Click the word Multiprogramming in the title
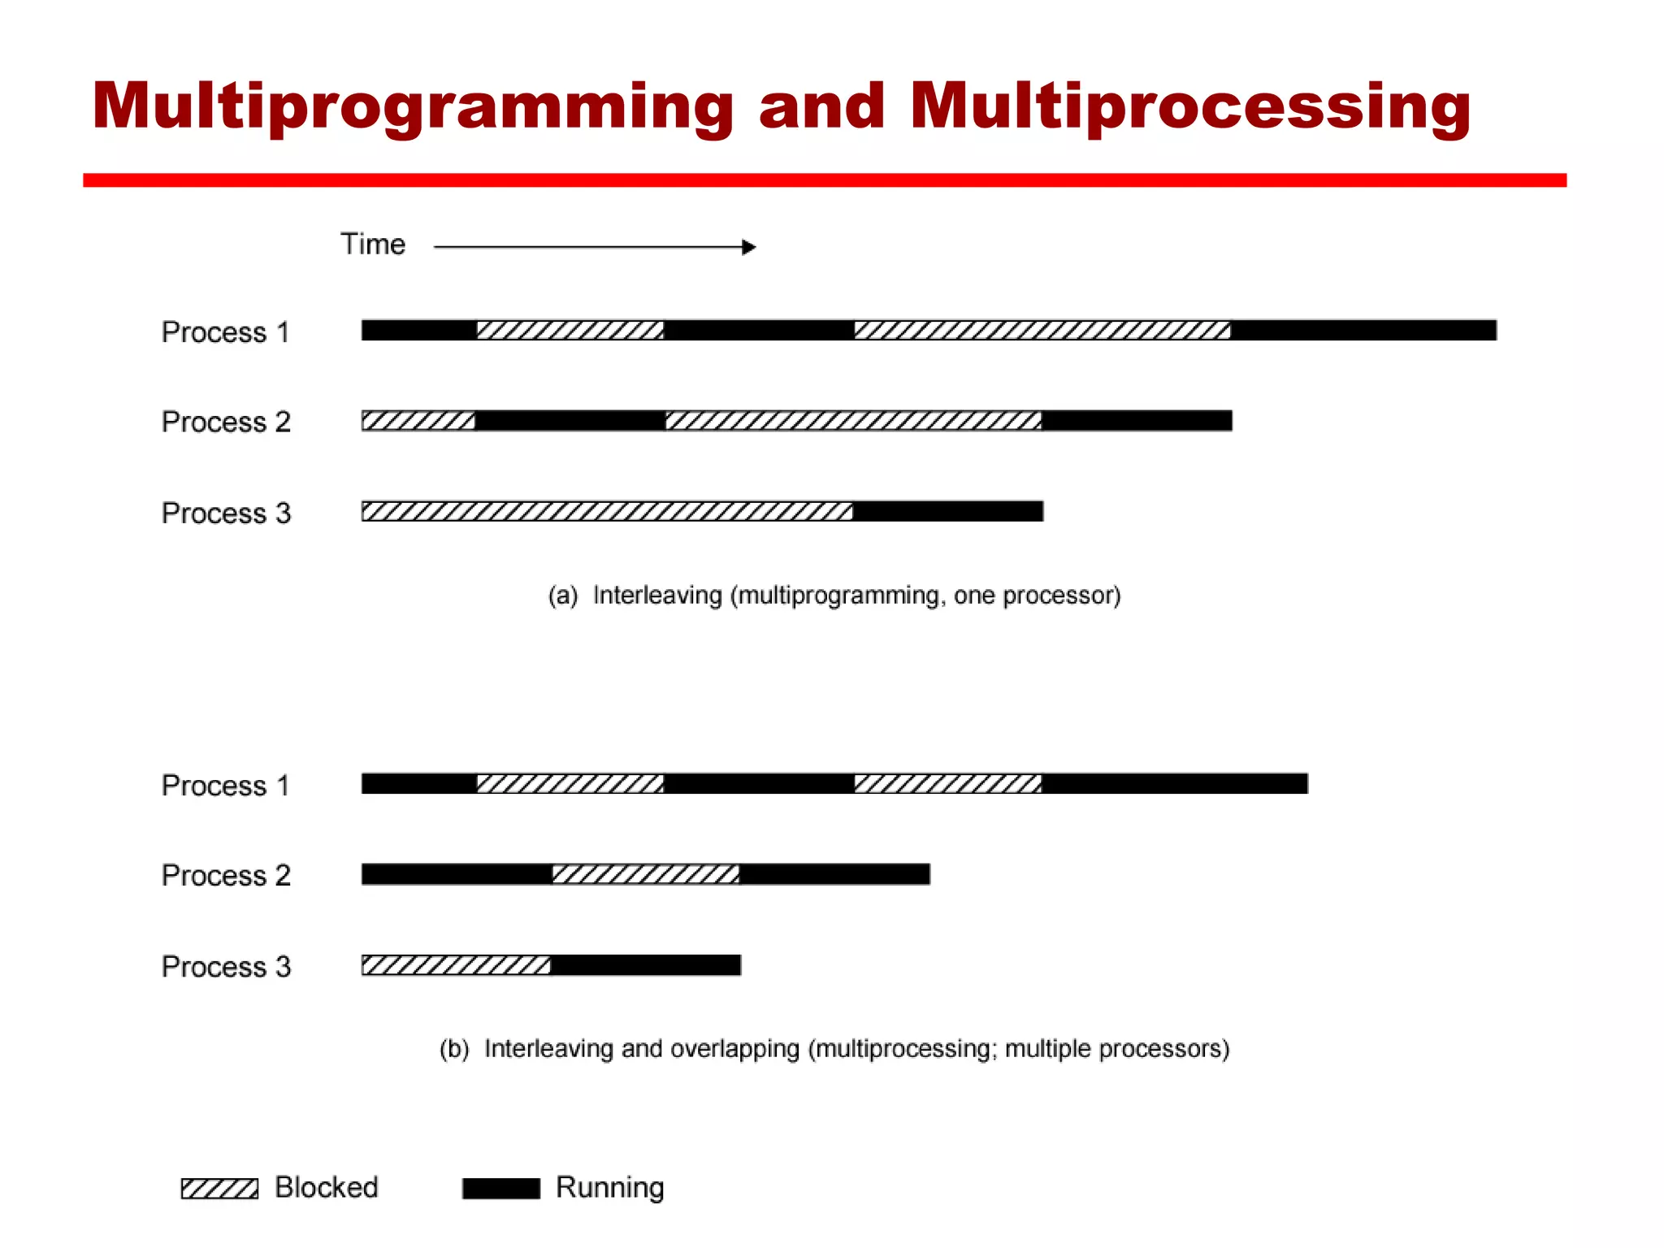(x=413, y=106)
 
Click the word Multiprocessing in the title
(x=1190, y=106)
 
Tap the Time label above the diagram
(x=373, y=245)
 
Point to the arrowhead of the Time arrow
(x=749, y=247)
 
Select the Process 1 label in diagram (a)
(x=226, y=332)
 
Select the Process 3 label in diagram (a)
(x=226, y=513)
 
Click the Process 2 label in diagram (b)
(x=226, y=875)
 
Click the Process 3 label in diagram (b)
(x=226, y=967)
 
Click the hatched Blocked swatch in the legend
(x=219, y=1189)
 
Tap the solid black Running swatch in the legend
(x=500, y=1189)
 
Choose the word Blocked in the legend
(x=327, y=1188)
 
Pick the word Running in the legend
(x=609, y=1188)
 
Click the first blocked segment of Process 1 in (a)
(x=570, y=330)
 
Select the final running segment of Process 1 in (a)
(x=1363, y=330)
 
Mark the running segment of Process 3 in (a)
(x=948, y=511)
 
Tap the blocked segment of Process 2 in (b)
(x=646, y=874)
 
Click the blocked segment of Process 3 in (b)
(x=456, y=965)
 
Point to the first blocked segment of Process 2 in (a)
(x=418, y=421)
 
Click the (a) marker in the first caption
(x=562, y=596)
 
